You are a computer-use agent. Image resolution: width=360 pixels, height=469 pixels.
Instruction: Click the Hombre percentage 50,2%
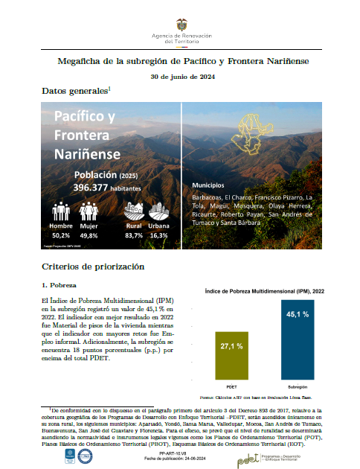[x=60, y=235]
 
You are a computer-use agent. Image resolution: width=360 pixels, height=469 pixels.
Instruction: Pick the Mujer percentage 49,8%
[x=89, y=235]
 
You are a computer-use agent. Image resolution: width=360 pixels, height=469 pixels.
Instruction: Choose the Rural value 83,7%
[x=134, y=235]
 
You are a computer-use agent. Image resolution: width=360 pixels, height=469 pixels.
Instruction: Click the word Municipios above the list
[x=209, y=183]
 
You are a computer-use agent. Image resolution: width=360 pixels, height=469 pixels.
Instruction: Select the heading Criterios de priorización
[x=93, y=267]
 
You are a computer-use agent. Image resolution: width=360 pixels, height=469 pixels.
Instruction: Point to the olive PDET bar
[x=231, y=356]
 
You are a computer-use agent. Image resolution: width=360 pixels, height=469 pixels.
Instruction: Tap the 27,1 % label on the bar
[x=231, y=346]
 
